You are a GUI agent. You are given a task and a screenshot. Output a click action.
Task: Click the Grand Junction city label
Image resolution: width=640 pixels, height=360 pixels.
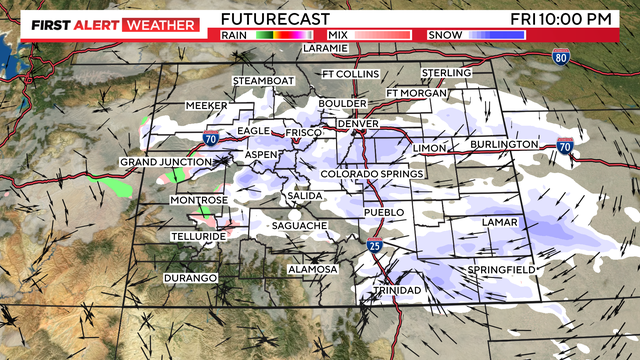(x=166, y=162)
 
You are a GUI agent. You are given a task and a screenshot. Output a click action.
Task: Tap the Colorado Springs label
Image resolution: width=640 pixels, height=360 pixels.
(x=372, y=174)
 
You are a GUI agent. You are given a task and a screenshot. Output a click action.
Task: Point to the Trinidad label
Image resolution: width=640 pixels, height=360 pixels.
(x=398, y=290)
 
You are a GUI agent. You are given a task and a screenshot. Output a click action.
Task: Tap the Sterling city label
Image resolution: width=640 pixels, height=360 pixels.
(x=446, y=73)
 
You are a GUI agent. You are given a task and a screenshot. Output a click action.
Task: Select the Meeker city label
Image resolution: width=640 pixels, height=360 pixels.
(x=208, y=106)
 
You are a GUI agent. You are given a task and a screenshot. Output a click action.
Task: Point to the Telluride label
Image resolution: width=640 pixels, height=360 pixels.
(x=197, y=236)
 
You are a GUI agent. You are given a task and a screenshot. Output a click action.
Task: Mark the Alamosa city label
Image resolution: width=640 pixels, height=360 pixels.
(x=313, y=270)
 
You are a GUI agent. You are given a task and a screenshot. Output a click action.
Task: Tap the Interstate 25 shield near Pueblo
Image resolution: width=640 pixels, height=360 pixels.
(x=372, y=244)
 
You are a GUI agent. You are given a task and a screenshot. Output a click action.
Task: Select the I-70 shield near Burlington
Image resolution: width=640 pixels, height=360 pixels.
(x=566, y=146)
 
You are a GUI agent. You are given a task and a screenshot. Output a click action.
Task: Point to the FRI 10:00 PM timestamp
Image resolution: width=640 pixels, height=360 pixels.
(x=574, y=18)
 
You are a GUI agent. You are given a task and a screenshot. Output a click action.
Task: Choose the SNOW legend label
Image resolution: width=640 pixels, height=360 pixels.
(x=443, y=35)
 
